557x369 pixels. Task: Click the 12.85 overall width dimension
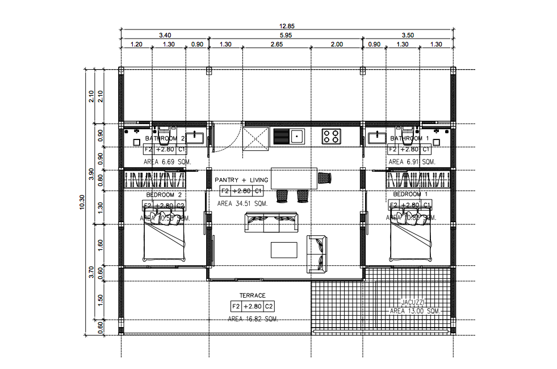coord(287,26)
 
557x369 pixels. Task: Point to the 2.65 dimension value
coord(277,44)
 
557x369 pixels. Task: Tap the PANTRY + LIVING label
coord(241,180)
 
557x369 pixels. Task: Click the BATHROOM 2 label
coord(165,138)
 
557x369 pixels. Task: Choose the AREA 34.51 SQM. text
coord(242,203)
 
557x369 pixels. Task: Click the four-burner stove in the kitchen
coord(332,136)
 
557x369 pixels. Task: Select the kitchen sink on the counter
coord(296,136)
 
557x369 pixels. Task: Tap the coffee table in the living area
coord(284,249)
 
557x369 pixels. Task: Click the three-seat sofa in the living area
coord(271,222)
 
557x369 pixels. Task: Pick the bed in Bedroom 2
coord(165,238)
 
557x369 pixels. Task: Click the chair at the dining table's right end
coord(324,178)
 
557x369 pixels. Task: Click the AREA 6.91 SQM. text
coord(412,162)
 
